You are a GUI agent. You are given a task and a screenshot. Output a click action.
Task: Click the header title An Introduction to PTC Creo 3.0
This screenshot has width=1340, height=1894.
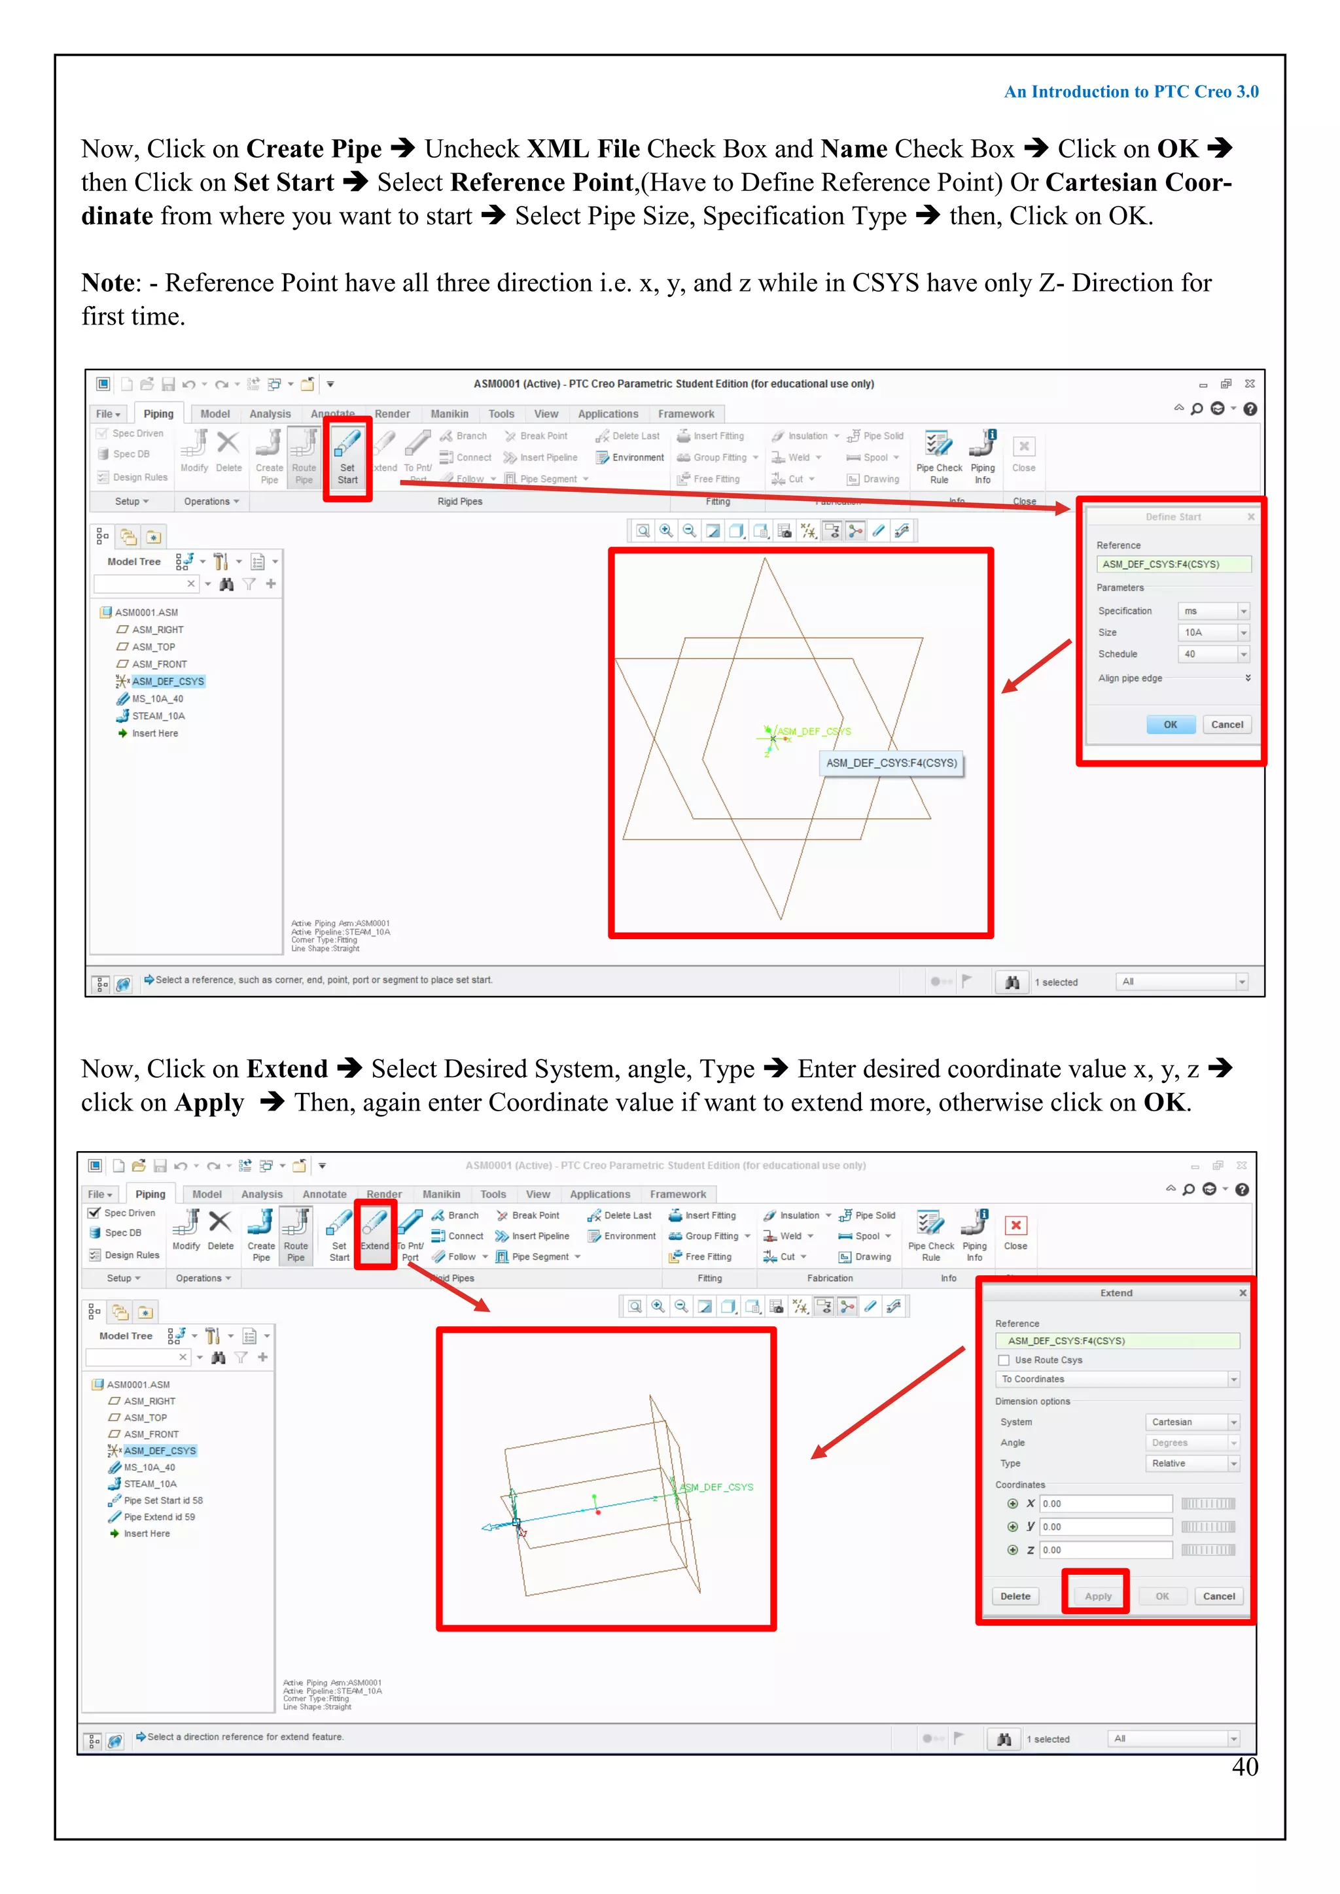(x=1131, y=92)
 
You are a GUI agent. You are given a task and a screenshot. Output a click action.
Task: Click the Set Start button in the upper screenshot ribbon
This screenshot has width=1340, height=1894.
(x=347, y=458)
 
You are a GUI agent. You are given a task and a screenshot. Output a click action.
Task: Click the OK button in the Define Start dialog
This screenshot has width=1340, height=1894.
(x=1170, y=724)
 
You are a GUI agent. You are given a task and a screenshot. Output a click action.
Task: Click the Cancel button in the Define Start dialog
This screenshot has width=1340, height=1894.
(x=1226, y=724)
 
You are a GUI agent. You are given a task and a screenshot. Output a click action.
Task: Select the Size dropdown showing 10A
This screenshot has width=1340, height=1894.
(x=1212, y=632)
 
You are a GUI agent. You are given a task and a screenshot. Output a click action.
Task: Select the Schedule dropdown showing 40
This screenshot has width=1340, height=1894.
(x=1212, y=654)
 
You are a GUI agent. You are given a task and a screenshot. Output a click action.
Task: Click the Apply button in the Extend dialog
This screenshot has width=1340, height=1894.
(x=1097, y=1596)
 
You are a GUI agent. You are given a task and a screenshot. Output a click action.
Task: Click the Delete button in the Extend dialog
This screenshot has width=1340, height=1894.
(x=1015, y=1596)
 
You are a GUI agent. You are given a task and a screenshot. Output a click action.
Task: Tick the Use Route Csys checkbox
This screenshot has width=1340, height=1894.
(x=1004, y=1360)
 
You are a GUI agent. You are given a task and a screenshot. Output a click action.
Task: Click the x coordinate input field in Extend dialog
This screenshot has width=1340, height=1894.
(x=1105, y=1504)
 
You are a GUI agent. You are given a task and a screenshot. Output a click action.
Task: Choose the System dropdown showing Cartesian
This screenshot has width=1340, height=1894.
(x=1192, y=1422)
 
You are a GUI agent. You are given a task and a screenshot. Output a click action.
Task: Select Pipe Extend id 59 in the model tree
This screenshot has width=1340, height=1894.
(x=159, y=1517)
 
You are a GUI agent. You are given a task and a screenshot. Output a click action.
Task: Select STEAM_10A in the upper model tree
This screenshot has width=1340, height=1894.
(x=158, y=716)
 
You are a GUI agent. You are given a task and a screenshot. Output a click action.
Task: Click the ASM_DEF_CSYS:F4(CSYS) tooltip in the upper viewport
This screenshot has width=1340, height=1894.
(x=891, y=763)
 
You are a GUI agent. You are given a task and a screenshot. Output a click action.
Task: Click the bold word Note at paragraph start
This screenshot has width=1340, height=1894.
(x=107, y=283)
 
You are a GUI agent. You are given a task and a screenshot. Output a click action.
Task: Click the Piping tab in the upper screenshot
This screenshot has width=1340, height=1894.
(x=158, y=414)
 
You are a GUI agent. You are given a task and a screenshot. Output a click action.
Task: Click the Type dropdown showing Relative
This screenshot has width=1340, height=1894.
(x=1192, y=1464)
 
